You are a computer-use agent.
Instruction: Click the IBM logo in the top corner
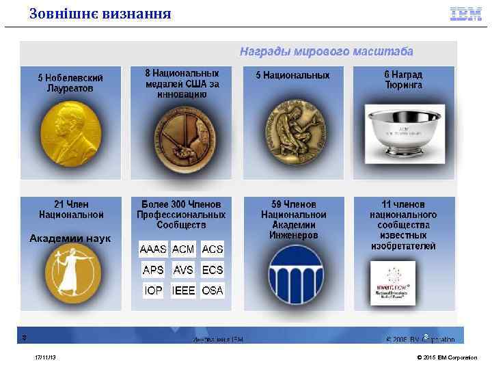[465, 14]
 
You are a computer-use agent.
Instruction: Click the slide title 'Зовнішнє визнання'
[100, 14]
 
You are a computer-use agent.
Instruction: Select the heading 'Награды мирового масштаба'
[325, 51]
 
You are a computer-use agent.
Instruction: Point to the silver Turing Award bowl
[402, 128]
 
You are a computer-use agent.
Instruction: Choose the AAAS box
[153, 249]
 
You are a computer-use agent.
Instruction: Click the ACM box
[183, 249]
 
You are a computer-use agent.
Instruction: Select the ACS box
[213, 249]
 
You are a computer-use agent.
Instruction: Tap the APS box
[153, 270]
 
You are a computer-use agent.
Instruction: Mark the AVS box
[183, 270]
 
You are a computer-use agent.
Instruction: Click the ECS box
[213, 270]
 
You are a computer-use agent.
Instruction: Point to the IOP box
[154, 290]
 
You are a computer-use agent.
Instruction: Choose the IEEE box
[183, 290]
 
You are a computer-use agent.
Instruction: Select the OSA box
[213, 290]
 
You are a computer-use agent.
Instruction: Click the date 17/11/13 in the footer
[46, 357]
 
